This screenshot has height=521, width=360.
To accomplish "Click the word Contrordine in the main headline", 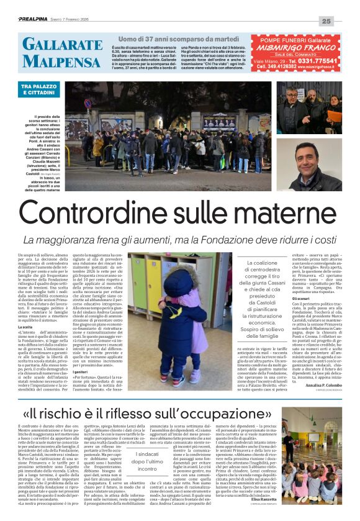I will (x=78, y=214).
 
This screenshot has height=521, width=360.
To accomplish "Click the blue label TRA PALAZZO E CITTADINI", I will (x=42, y=90).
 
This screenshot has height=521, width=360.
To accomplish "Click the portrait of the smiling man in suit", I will (x=308, y=165).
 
